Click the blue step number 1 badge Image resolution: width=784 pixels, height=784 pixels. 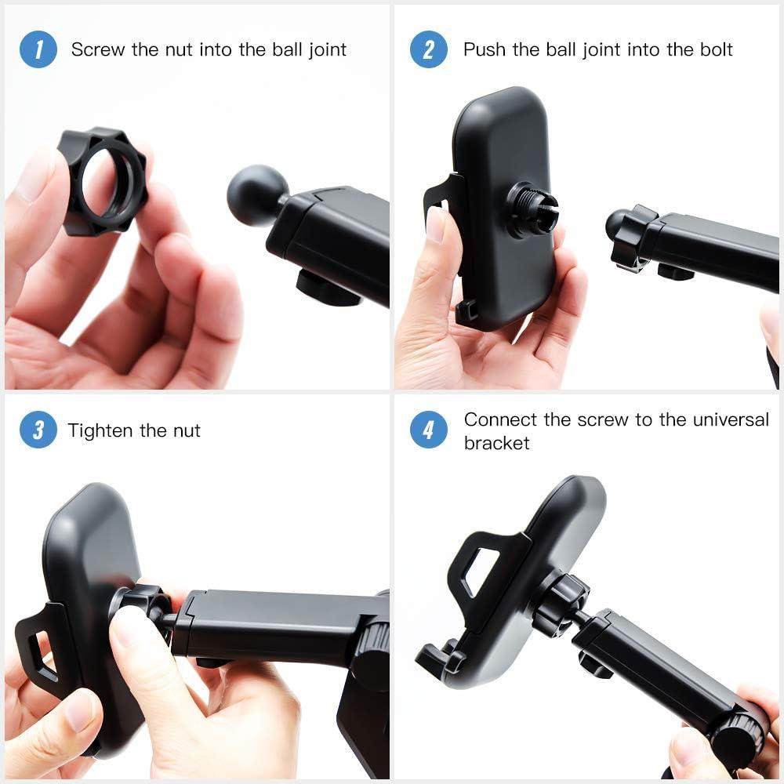pos(38,50)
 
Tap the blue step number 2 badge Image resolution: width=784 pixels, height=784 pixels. pos(428,50)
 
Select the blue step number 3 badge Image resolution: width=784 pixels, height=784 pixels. pos(38,431)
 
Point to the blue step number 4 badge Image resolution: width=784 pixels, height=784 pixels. pos(428,431)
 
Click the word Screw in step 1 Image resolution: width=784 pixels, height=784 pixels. pos(98,50)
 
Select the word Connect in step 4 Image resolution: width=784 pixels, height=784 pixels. pos(499,419)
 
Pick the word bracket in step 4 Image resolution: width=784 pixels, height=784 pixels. pos(496,443)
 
